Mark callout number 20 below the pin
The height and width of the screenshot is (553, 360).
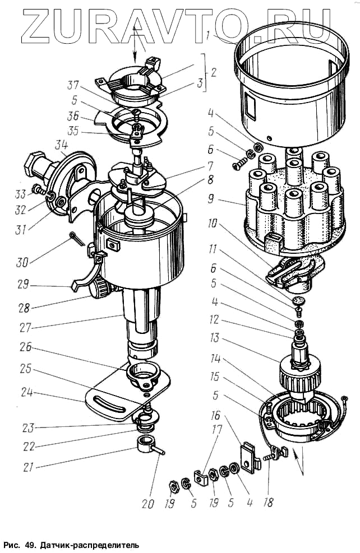[x=147, y=504]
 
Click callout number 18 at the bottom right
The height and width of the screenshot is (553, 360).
[x=268, y=503]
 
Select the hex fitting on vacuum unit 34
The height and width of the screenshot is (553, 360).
[x=34, y=167]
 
